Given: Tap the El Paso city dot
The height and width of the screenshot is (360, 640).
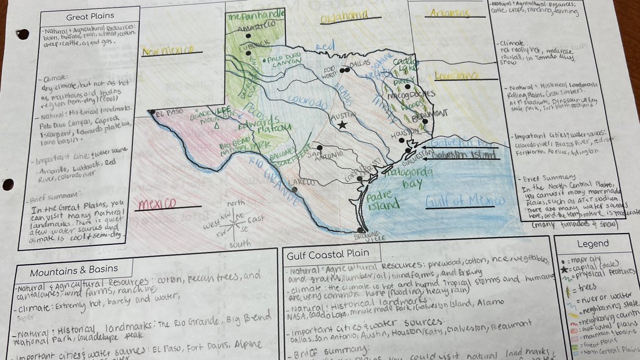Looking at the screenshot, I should (x=153, y=112).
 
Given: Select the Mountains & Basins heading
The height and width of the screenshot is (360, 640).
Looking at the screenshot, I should (x=74, y=271).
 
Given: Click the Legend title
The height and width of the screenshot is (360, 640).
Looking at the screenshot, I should (x=593, y=244).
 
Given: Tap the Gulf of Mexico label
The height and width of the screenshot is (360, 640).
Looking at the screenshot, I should (x=465, y=201).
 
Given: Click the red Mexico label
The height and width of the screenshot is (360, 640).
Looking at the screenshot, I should (x=158, y=204).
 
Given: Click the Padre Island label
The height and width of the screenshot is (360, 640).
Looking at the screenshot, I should (x=383, y=200).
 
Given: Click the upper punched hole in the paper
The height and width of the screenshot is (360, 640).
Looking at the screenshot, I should (x=23, y=34).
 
